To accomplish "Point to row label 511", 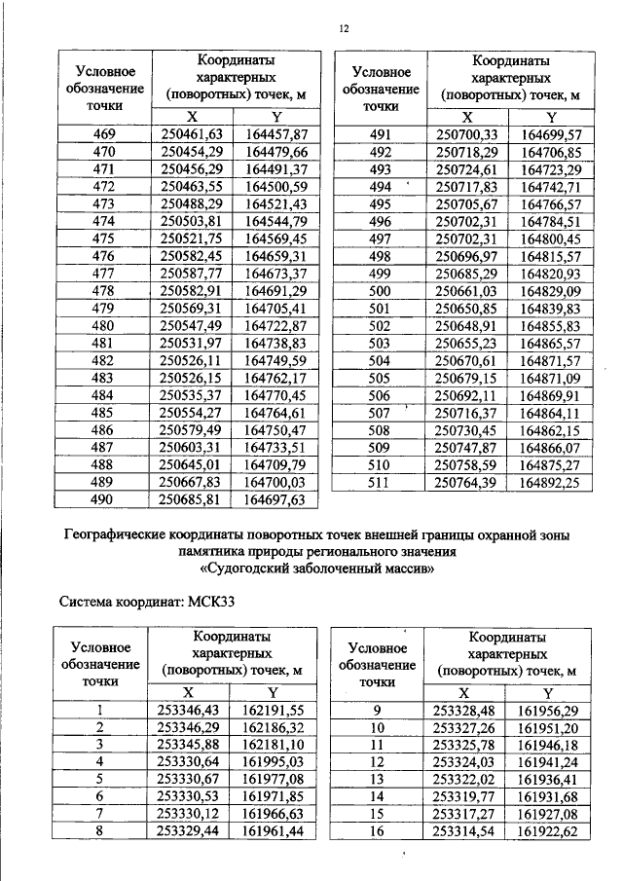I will (x=380, y=482).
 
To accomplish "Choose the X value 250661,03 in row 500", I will (x=466, y=290).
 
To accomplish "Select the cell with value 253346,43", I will (x=191, y=710).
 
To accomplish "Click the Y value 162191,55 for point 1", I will (x=274, y=710).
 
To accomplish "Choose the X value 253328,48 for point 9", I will (x=465, y=710).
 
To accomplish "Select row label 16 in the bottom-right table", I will (x=380, y=831).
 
